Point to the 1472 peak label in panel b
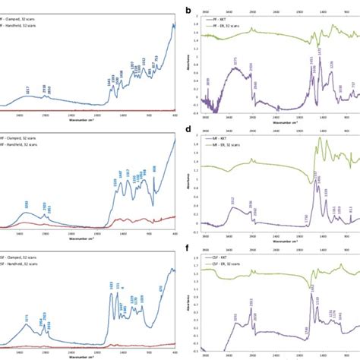pos(319,51)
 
